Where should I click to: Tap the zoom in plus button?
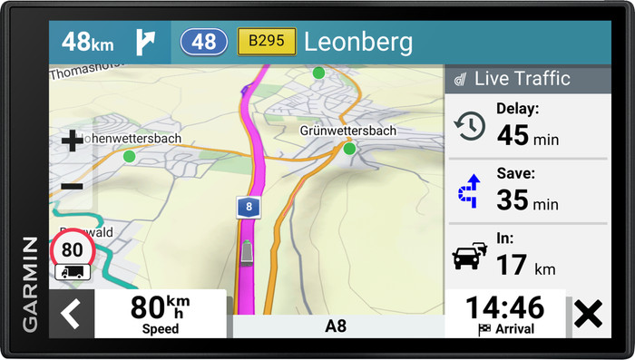pos(72,141)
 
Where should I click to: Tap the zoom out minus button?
pos(72,187)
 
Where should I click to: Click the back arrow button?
pos(71,314)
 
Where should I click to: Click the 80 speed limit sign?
pos(73,249)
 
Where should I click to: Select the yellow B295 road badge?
pos(267,42)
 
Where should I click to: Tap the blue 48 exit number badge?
pos(204,42)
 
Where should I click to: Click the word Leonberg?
pos(357,42)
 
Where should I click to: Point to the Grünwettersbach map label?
pos(348,131)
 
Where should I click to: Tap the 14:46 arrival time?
pos(505,306)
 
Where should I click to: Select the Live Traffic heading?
pos(522,79)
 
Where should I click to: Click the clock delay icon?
pos(470,126)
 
